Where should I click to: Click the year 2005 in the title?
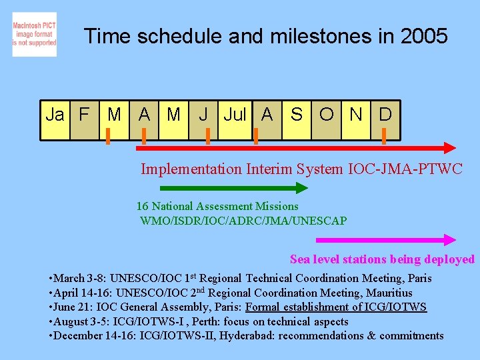[425, 36]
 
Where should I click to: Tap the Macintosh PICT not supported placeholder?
[34, 34]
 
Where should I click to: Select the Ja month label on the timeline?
[55, 115]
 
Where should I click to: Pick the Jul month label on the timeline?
[235, 115]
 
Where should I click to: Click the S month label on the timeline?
[297, 115]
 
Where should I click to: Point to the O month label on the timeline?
[327, 115]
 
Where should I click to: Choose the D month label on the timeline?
[385, 115]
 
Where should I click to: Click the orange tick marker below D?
[384, 136]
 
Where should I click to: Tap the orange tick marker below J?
[208, 136]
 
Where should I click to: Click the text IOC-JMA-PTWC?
[405, 169]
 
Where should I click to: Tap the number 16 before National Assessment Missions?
[142, 207]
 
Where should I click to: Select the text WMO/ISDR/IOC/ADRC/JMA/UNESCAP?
[243, 221]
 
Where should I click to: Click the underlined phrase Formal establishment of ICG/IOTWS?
[336, 307]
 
